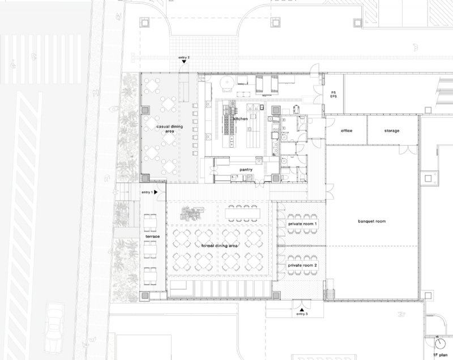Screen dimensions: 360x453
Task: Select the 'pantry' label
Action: coord(246,169)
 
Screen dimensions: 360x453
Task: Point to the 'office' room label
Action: coord(347,131)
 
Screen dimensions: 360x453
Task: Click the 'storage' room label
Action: coord(391,131)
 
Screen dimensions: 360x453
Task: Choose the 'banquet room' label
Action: coord(372,221)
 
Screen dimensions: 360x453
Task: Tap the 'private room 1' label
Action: coord(302,224)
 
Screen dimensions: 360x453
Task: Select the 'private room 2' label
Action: coord(302,265)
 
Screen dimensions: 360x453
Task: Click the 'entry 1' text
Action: coord(147,192)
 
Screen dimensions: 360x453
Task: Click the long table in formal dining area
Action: coord(242,213)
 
